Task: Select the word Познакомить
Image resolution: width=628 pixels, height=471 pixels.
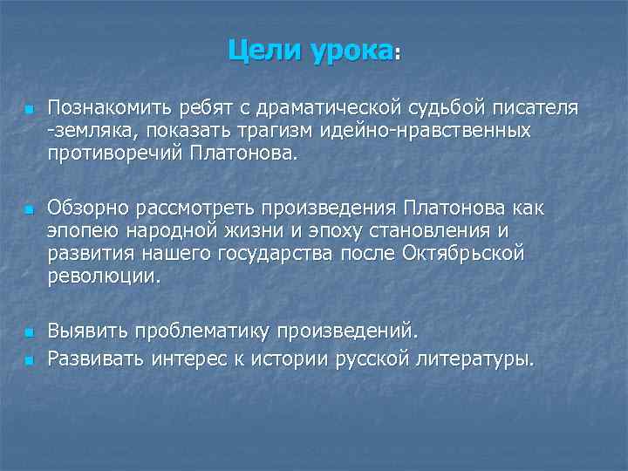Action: [106, 108]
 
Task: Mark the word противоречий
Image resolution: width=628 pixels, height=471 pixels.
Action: [109, 154]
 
